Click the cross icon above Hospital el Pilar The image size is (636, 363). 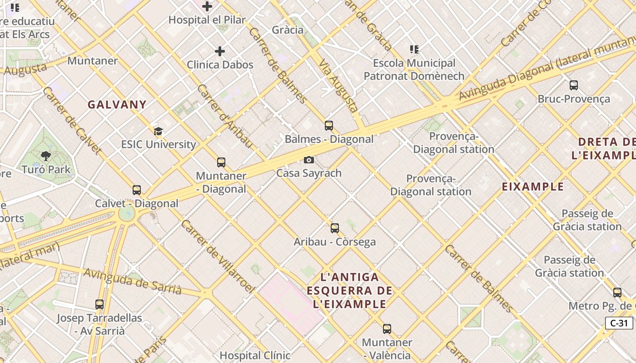(x=207, y=6)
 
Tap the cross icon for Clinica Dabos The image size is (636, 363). (x=220, y=51)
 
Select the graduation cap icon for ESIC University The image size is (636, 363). (x=158, y=132)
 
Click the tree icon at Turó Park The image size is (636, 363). (x=46, y=157)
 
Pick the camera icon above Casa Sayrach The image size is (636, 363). (x=309, y=160)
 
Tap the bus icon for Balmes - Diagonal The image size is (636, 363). (x=329, y=126)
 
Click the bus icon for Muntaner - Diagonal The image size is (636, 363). (x=221, y=162)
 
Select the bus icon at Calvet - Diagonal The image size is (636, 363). (x=137, y=190)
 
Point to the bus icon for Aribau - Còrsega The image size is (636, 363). (x=335, y=228)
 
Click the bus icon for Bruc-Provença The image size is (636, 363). (x=574, y=85)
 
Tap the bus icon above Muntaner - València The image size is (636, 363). (x=387, y=329)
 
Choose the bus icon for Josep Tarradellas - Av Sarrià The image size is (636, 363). (x=99, y=304)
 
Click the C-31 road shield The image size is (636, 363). (x=619, y=323)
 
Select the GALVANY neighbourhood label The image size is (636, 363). (x=117, y=105)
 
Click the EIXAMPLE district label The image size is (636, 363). (x=533, y=186)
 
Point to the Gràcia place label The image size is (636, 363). (x=288, y=30)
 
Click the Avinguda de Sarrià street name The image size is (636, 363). (x=133, y=281)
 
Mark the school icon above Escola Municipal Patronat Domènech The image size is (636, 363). (x=414, y=49)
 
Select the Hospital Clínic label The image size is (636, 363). (x=255, y=355)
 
